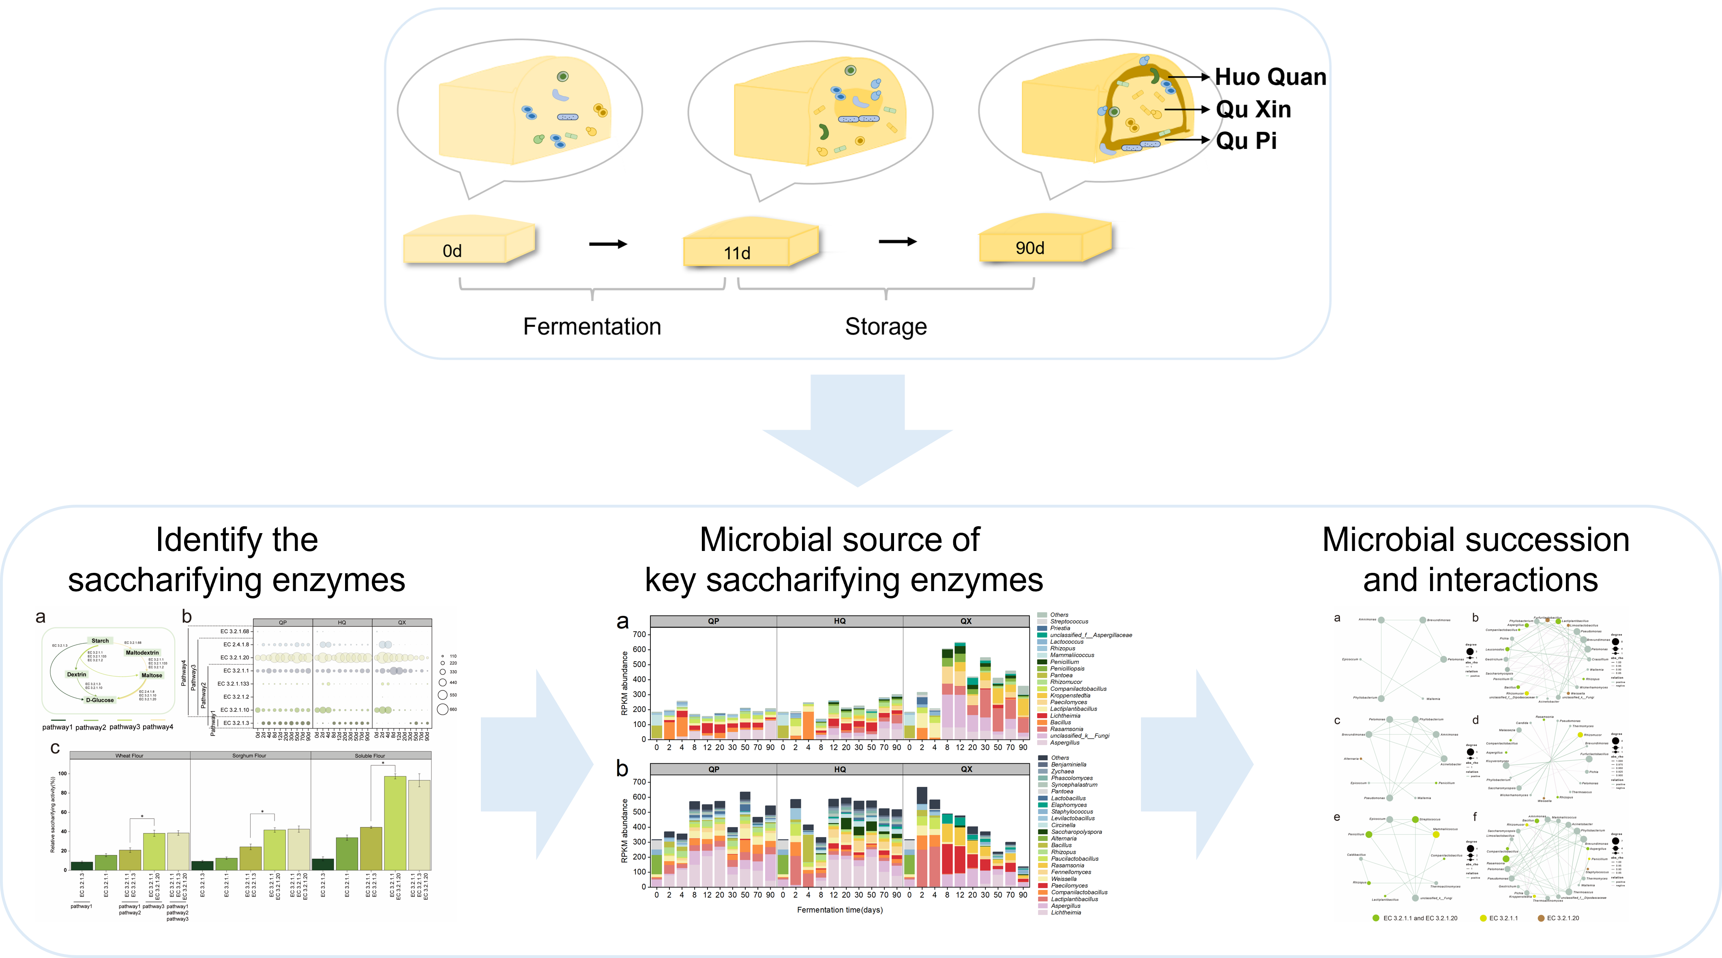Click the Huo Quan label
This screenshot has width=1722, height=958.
[1270, 77]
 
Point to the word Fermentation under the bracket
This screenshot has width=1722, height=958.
[592, 326]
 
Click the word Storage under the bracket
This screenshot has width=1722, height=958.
[886, 326]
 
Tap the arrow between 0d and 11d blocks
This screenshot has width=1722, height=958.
[608, 244]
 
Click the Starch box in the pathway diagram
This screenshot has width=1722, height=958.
[100, 641]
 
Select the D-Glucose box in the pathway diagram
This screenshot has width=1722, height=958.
[100, 700]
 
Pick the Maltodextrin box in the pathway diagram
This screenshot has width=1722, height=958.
[142, 652]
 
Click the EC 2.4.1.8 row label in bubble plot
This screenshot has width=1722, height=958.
[235, 645]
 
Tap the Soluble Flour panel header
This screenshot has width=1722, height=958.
[370, 755]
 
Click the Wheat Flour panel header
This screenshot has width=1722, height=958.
[130, 755]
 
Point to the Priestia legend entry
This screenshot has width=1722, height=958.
[1060, 628]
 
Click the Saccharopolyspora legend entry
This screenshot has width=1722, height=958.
[1076, 832]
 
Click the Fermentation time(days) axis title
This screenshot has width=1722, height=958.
[840, 910]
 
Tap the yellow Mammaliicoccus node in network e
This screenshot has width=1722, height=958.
[1436, 834]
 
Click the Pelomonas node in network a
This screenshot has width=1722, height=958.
[1443, 659]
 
